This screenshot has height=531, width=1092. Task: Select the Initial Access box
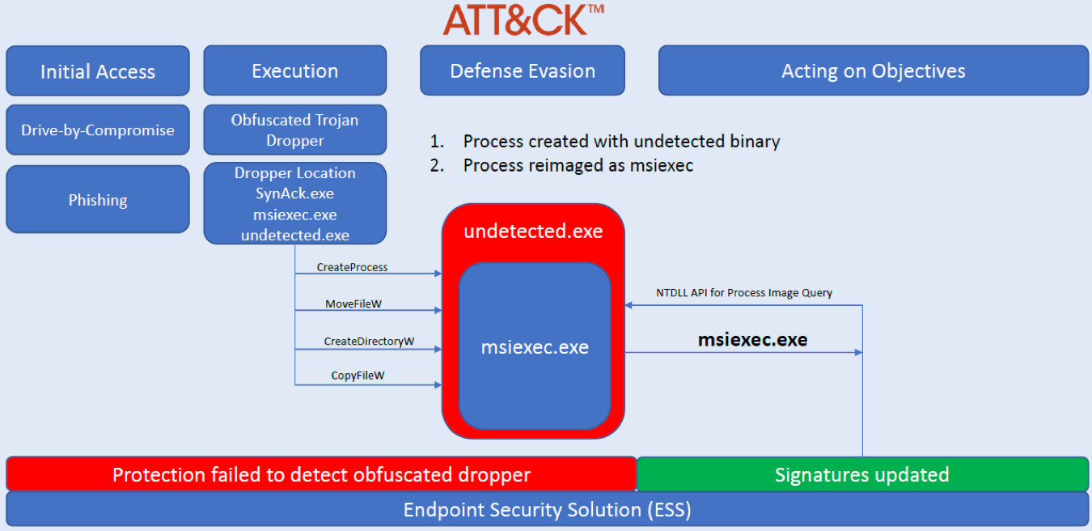98,71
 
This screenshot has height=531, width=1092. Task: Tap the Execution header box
294,70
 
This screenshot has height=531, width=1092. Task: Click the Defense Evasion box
523,70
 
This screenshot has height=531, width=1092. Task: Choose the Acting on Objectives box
873,70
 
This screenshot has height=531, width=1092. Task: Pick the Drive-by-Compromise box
98,130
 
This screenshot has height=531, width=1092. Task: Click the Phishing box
98,200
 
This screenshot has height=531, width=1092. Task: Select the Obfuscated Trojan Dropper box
294,130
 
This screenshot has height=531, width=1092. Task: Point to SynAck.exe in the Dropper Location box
294,193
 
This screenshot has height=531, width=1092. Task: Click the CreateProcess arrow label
352,267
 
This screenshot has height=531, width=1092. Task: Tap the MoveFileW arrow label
353,304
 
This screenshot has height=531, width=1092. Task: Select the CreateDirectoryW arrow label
369,341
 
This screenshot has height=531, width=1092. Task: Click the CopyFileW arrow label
358,376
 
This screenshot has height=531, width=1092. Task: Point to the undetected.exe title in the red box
533,232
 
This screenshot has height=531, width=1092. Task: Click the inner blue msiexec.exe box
535,347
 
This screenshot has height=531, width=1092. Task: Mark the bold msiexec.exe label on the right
752,340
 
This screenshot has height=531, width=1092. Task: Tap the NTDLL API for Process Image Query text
743,293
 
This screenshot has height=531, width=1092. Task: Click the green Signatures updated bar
862,474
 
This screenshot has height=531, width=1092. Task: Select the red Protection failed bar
321,474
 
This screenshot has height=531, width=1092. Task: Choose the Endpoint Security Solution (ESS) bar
547,510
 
